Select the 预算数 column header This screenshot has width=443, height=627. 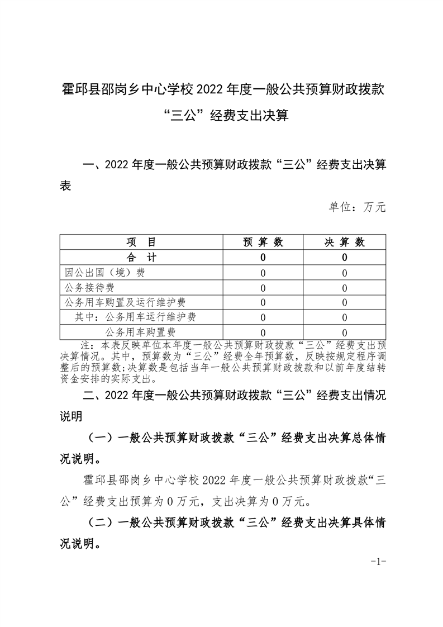point(263,242)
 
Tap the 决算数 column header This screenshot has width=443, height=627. point(345,242)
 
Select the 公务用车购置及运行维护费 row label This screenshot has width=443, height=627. point(125,302)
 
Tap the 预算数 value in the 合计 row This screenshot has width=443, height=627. point(263,258)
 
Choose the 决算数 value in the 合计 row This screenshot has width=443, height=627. point(345,258)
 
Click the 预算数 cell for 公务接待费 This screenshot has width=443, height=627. point(263,288)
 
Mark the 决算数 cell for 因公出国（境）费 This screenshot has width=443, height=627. point(345,273)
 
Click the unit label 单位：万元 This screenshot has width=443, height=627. point(357,207)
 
